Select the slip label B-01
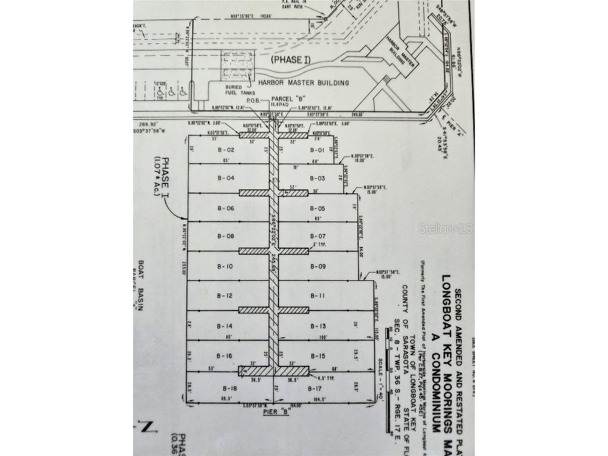point(318,150)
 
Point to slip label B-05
point(318,208)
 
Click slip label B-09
point(318,267)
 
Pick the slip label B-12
point(225,296)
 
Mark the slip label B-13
point(318,327)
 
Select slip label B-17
point(315,388)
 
